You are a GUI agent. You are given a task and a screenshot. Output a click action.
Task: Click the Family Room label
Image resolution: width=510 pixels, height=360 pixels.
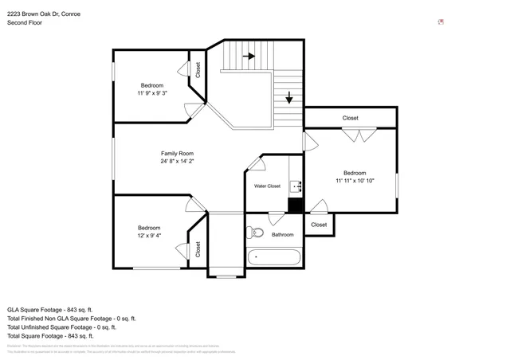[177, 153]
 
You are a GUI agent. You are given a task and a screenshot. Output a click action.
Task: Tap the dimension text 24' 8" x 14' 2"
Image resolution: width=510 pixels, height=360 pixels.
[177, 161]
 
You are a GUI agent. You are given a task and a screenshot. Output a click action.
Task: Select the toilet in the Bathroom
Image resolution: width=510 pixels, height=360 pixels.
[256, 233]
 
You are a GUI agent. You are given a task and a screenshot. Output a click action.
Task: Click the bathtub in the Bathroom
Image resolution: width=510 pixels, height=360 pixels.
[274, 257]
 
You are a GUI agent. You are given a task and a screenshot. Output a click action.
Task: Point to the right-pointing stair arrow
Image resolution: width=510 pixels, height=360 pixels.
[249, 57]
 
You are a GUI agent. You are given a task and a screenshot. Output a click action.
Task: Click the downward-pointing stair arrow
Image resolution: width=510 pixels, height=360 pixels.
[288, 98]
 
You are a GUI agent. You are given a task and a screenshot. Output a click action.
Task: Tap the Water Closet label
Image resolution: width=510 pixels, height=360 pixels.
[267, 186]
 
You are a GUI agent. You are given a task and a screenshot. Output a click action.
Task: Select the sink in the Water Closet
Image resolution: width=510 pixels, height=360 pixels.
[295, 187]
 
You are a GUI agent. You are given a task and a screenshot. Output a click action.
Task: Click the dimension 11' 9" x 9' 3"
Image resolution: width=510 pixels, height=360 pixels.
[152, 93]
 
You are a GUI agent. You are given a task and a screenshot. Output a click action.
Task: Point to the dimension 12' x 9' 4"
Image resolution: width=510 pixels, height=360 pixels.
[149, 235]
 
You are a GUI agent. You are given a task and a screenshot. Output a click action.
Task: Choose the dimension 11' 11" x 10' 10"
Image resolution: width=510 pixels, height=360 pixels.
[355, 181]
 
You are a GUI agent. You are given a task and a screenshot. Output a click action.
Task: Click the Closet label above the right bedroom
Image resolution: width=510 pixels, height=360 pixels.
[351, 118]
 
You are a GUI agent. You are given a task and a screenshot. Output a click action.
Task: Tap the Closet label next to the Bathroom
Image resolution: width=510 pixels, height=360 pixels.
[319, 225]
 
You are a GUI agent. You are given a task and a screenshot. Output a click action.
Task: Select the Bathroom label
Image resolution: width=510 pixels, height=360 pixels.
[283, 235]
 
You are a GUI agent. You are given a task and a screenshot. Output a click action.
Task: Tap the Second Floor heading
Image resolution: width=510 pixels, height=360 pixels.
[25, 23]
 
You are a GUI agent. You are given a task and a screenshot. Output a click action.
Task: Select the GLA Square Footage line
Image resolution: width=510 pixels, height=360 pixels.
[50, 309]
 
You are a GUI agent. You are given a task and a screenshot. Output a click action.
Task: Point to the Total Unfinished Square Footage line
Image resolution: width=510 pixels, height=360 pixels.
[61, 327]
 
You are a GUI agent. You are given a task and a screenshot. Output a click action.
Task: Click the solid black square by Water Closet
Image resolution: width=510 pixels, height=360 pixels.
[296, 205]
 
